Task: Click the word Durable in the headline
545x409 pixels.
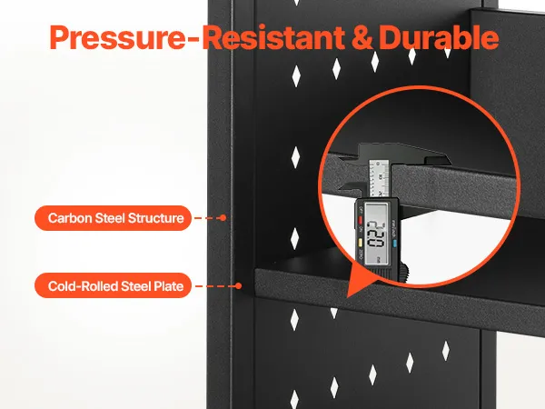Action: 439,37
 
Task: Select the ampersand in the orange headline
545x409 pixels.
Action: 362,37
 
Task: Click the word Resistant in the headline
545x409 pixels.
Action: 273,37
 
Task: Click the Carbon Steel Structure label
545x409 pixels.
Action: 113,218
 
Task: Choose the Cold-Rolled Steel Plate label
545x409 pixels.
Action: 113,286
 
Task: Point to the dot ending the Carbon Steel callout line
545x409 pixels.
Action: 223,218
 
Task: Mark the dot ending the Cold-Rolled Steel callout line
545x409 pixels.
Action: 238,286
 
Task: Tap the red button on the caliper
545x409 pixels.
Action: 361,220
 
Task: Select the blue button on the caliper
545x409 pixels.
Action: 394,243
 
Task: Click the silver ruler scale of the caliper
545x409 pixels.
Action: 379,178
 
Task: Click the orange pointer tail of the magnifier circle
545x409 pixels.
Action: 352,282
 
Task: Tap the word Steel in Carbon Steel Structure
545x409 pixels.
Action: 110,218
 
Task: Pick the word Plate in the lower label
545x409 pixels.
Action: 169,286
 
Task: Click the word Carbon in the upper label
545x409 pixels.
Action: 70,218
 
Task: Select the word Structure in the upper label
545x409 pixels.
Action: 155,218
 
